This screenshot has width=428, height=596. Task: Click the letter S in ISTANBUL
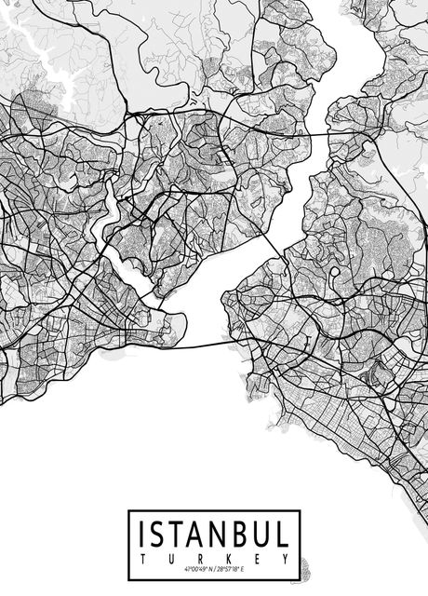point(161,535)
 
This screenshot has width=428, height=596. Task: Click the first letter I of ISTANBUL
point(143,535)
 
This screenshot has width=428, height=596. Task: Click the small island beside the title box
point(304,563)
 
